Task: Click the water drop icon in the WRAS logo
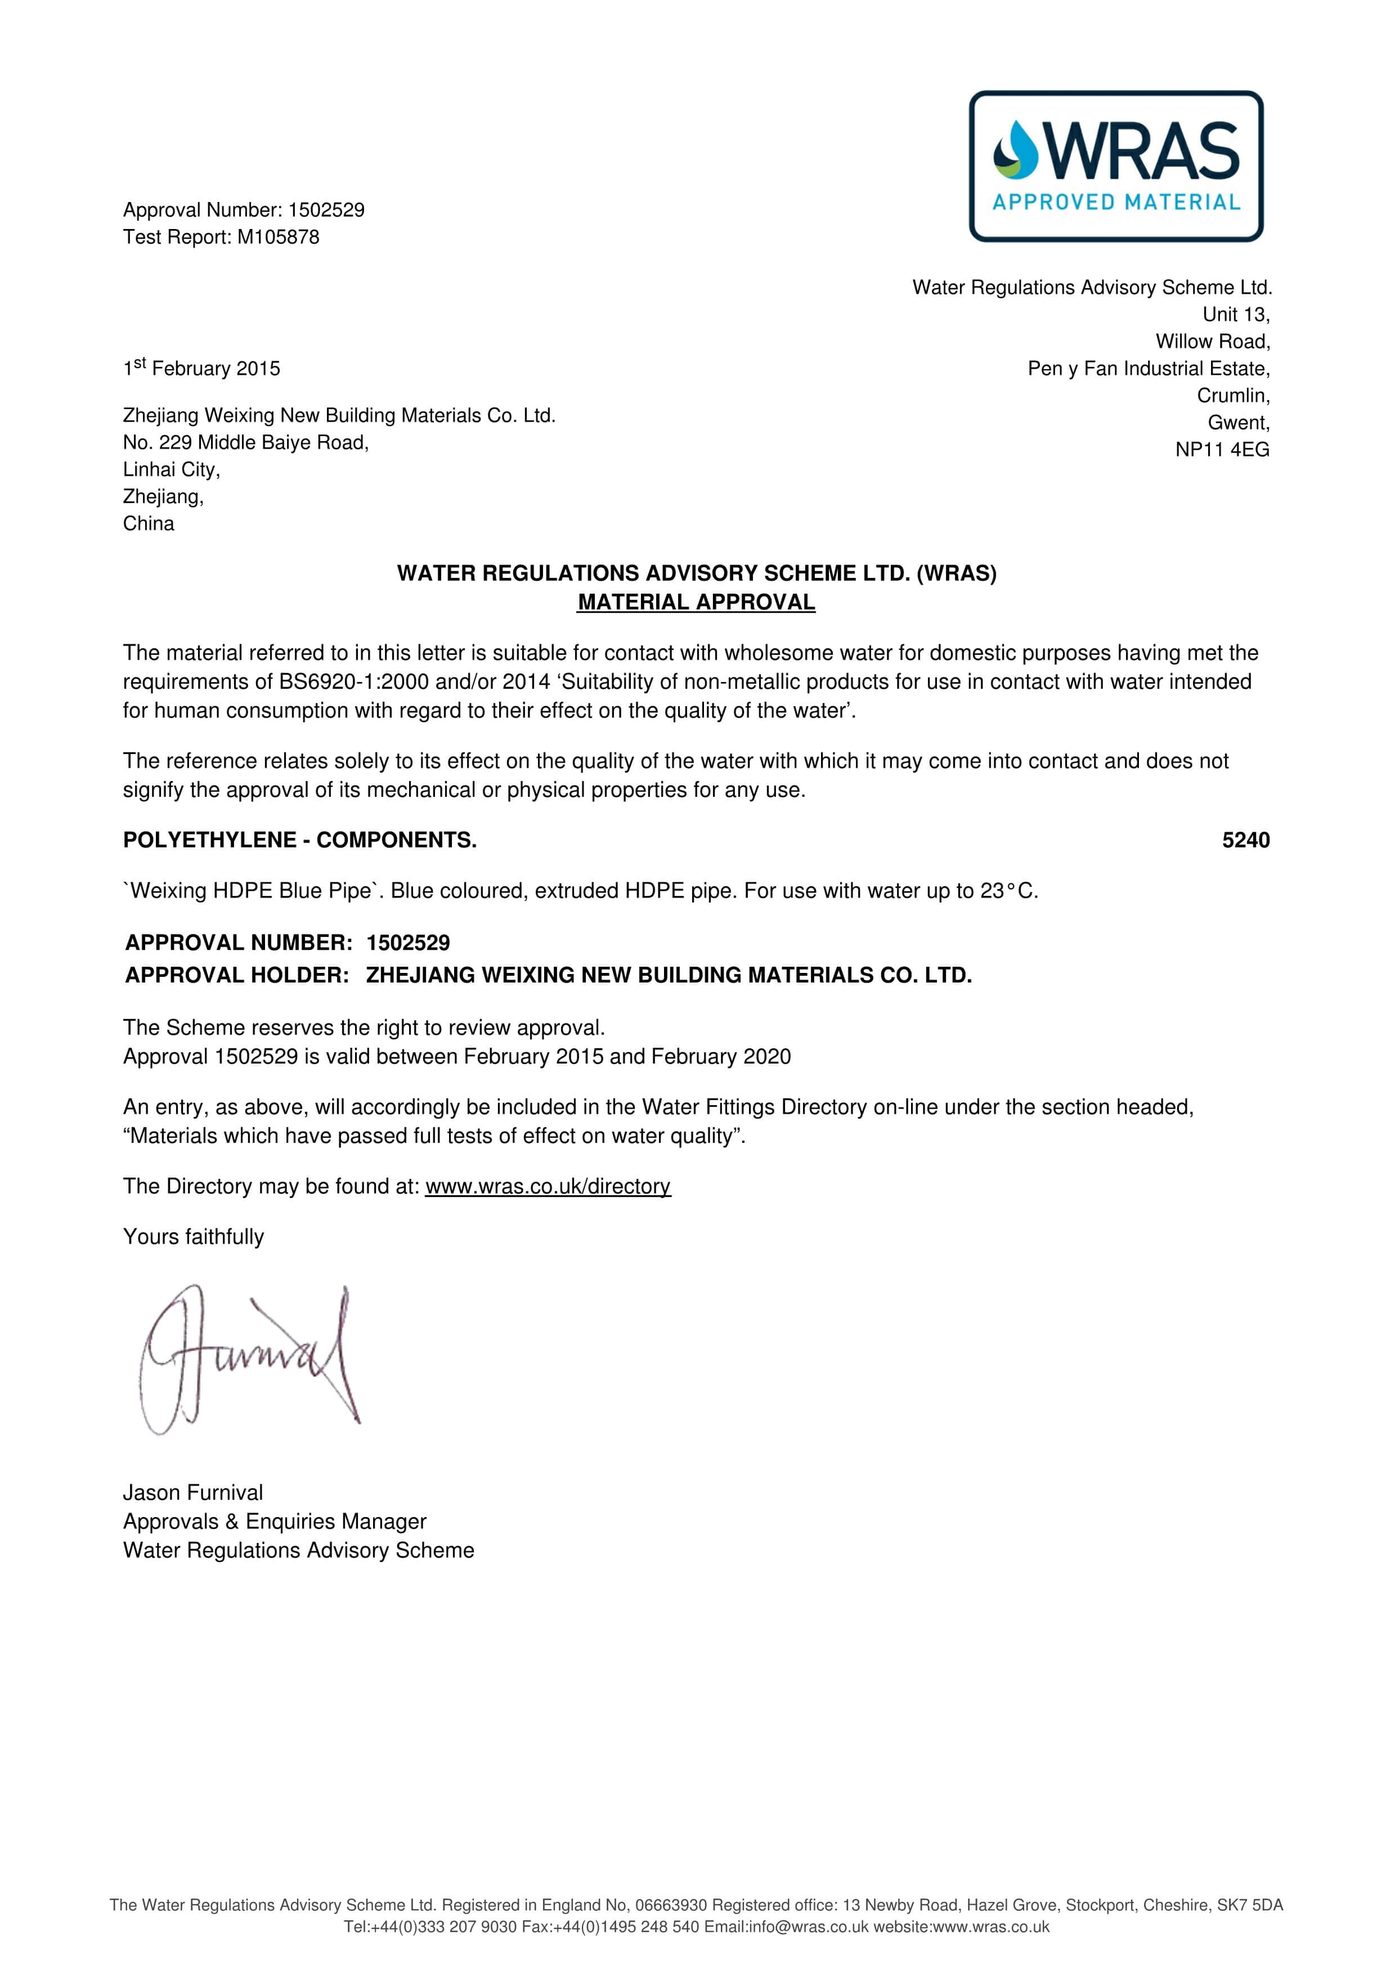pyautogui.click(x=1015, y=150)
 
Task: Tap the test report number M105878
pyautogui.click(x=277, y=237)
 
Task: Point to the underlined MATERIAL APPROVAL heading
pyautogui.click(x=696, y=602)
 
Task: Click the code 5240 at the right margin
pyautogui.click(x=1245, y=840)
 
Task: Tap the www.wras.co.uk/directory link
pyautogui.click(x=548, y=1186)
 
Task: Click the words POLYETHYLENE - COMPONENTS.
pyautogui.click(x=299, y=840)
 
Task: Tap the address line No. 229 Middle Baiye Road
pyautogui.click(x=246, y=443)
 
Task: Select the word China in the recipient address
pyautogui.click(x=149, y=523)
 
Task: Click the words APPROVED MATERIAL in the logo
pyautogui.click(x=1116, y=203)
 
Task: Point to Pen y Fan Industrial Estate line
pyautogui.click(x=1149, y=369)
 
